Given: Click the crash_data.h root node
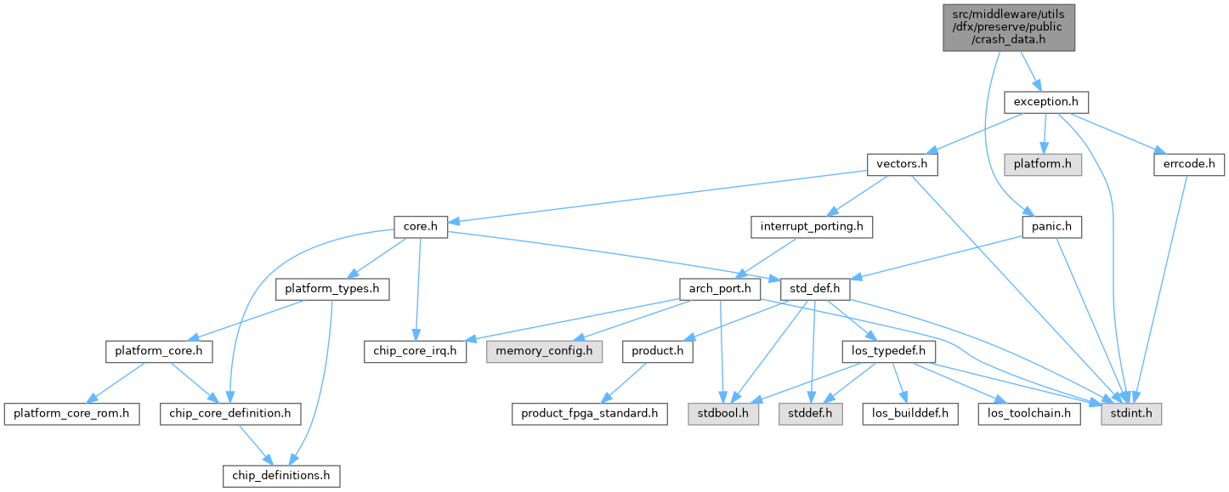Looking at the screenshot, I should [1009, 25].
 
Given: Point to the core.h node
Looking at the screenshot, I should [420, 227].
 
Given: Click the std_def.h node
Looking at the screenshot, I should [815, 289].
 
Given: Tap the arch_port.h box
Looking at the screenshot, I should [720, 289].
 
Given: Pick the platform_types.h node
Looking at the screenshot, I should [332, 289].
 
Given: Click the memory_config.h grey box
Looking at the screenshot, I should [544, 351].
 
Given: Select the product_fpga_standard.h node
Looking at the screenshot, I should [589, 414].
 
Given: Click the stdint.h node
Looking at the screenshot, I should [1132, 414].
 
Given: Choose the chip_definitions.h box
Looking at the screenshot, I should [280, 476].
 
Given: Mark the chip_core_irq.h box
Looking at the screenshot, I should [415, 351].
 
